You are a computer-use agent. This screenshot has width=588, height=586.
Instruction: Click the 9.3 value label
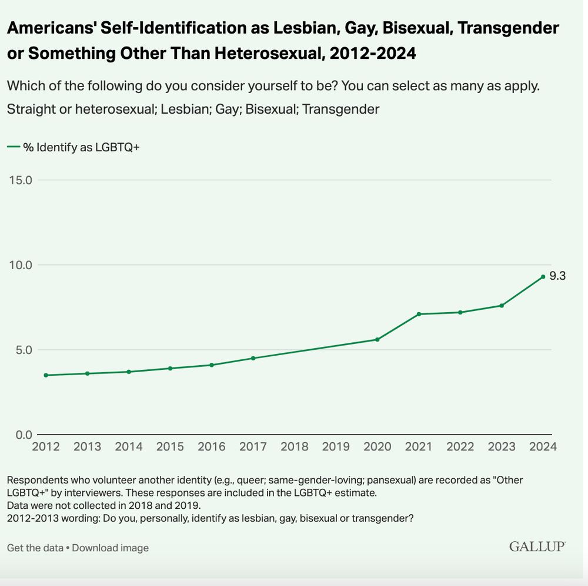point(557,276)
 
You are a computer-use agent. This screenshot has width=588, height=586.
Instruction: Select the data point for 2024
point(543,276)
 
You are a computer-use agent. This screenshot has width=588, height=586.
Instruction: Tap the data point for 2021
point(419,314)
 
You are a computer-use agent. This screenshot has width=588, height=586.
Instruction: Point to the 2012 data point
point(46,375)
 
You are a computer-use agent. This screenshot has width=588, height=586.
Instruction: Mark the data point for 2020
point(377,339)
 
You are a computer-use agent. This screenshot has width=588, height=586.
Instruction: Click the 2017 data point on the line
point(253,358)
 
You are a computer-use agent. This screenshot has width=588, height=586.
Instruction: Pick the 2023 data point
point(502,305)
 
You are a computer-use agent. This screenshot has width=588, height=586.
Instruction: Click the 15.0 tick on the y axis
point(20,180)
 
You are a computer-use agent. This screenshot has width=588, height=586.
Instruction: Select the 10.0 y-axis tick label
point(20,264)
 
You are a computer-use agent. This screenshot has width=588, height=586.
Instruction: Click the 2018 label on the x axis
point(294,446)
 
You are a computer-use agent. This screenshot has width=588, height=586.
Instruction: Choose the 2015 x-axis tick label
point(170,446)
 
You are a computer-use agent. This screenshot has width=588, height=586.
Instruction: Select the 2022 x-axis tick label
point(460,446)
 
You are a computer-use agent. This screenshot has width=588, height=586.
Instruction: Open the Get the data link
point(35,548)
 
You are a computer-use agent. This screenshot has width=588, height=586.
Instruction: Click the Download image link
point(111,548)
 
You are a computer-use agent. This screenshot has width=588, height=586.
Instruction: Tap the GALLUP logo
point(537,547)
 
